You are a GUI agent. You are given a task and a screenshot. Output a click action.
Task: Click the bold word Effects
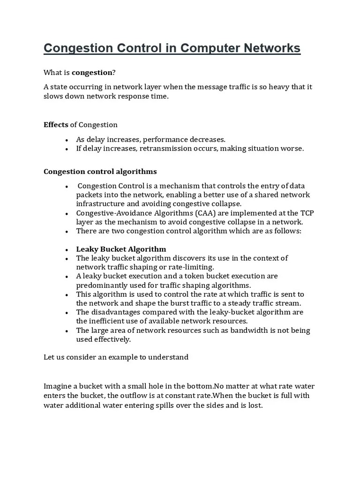click(x=56, y=125)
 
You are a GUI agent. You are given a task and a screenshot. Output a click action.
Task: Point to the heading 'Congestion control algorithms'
click(x=100, y=171)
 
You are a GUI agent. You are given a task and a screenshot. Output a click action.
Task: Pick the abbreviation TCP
click(x=306, y=213)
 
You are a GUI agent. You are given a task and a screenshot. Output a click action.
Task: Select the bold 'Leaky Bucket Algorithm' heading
click(x=121, y=249)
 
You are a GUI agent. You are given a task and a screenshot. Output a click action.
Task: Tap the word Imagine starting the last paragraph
click(x=58, y=386)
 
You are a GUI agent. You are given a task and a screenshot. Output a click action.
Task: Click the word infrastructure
click(x=100, y=203)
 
